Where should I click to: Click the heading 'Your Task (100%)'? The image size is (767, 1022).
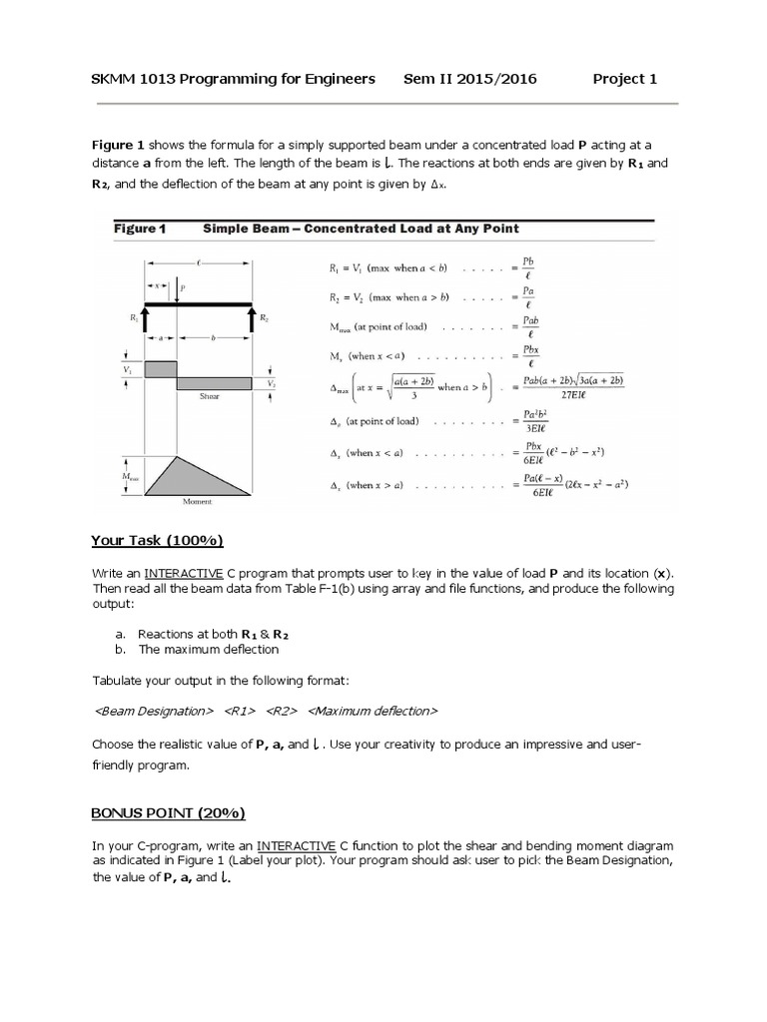point(157,540)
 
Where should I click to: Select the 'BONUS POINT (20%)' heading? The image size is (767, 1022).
point(168,812)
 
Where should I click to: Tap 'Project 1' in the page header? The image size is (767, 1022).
point(624,80)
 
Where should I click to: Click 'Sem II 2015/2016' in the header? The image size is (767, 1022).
point(469,80)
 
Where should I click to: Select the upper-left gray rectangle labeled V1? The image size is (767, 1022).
point(161,368)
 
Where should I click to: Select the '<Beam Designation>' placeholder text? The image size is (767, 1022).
point(153,711)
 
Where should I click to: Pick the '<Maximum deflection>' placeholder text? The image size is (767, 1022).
point(373,711)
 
